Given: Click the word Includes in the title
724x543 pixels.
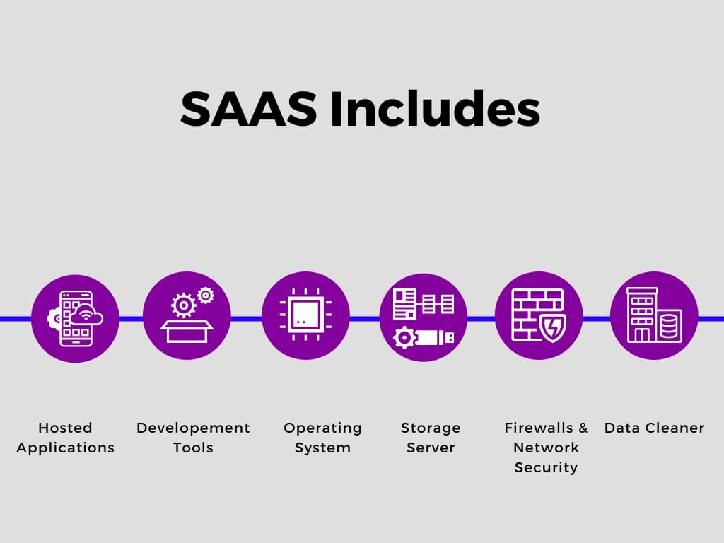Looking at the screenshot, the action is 435,108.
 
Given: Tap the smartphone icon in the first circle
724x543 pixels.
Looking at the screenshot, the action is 76,319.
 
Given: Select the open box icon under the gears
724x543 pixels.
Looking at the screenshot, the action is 187,331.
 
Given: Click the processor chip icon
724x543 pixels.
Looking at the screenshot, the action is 305,315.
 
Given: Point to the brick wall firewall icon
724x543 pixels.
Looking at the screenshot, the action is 536,314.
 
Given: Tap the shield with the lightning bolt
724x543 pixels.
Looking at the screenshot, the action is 553,327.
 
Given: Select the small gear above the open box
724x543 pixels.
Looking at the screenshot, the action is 206,296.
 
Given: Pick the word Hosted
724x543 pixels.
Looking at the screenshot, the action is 65,428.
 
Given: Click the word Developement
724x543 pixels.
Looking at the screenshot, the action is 193,428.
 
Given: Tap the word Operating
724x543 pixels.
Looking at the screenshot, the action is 322,428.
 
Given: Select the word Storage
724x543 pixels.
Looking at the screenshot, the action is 431,428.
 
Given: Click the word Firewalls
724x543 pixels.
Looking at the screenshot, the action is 538,428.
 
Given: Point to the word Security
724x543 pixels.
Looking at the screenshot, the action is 546,468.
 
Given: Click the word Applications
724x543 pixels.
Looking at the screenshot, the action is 65,448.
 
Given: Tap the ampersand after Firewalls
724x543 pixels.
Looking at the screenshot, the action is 583,428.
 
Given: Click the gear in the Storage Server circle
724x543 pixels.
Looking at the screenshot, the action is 404,337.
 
